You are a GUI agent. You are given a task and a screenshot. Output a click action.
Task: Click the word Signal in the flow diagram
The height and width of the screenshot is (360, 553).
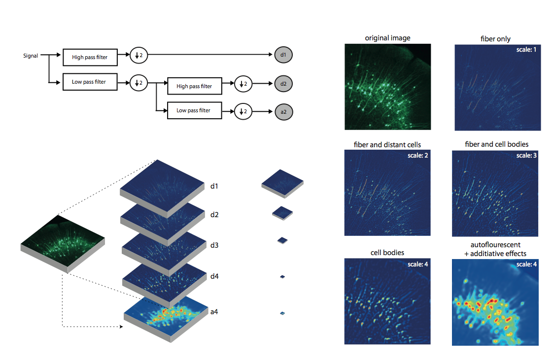click(x=31, y=56)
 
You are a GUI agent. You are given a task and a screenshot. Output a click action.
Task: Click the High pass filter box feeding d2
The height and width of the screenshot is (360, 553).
click(x=194, y=86)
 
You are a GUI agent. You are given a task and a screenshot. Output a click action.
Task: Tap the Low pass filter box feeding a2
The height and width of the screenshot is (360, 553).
click(x=194, y=110)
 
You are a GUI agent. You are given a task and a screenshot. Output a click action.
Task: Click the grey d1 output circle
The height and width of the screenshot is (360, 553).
click(x=283, y=55)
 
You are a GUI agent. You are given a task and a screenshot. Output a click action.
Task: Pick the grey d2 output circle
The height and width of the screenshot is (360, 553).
click(x=283, y=84)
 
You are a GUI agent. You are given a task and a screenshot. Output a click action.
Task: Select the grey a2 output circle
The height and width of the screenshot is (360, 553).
click(x=283, y=112)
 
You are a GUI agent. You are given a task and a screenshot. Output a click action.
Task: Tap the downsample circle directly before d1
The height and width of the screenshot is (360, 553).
click(x=138, y=55)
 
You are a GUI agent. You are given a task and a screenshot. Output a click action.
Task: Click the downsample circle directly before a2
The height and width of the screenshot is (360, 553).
click(x=242, y=112)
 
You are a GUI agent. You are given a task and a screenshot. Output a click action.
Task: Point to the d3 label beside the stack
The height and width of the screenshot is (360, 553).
click(x=214, y=245)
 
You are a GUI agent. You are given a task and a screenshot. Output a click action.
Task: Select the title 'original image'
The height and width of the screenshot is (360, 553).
click(x=387, y=38)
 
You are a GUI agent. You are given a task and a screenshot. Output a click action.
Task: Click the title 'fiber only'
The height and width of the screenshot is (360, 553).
click(x=495, y=39)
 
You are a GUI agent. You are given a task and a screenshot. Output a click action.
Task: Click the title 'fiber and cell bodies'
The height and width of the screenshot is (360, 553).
click(x=496, y=144)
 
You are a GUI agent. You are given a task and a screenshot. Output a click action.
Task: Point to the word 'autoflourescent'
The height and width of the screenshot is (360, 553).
click(x=495, y=245)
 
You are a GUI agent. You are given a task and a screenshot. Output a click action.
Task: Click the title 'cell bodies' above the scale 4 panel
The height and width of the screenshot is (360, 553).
click(x=387, y=253)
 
